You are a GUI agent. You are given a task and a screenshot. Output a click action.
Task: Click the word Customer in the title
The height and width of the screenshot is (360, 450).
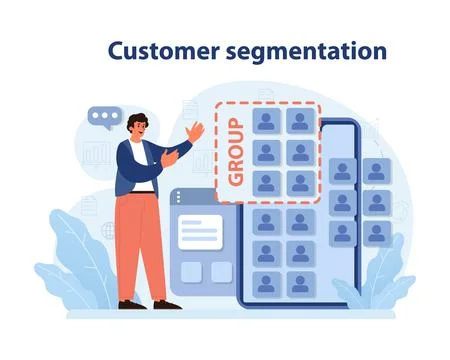(162, 51)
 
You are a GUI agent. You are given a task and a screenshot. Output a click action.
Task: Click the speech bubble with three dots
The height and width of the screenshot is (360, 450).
(102, 117)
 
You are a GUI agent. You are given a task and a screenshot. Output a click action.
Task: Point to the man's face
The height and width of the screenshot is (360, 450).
(139, 128)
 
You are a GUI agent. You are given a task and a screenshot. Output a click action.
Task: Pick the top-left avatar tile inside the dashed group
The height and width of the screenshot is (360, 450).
(266, 122)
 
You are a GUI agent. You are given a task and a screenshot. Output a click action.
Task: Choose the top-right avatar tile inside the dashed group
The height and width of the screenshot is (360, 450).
(299, 122)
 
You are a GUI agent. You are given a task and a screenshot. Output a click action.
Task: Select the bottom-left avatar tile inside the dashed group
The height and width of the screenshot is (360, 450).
(266, 183)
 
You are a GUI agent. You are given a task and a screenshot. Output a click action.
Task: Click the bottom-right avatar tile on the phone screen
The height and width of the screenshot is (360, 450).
(299, 284)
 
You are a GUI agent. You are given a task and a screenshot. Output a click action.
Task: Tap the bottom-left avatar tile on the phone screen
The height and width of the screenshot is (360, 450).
(266, 284)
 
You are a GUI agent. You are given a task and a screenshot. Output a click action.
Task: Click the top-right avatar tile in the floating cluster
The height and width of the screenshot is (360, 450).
(376, 171)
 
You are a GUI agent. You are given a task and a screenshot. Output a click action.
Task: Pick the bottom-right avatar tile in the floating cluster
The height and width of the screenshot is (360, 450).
(376, 233)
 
